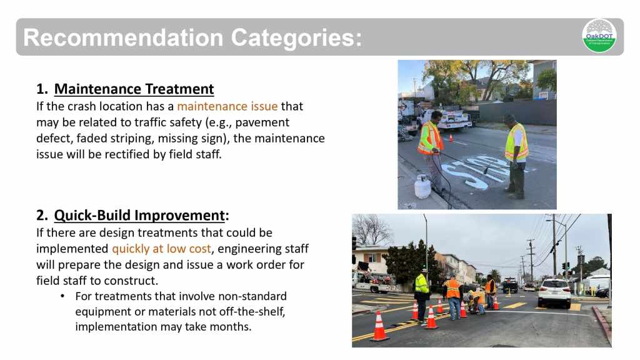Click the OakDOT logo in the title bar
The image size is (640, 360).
tap(599, 36)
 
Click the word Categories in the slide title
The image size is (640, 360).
tap(296, 37)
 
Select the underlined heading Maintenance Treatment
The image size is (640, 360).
tap(134, 89)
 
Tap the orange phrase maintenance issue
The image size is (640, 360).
tap(227, 106)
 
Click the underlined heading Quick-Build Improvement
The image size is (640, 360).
tap(139, 215)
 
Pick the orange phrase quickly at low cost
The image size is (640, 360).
tap(162, 249)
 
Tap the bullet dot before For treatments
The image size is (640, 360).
tap(62, 296)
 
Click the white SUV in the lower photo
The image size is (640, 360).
tap(554, 292)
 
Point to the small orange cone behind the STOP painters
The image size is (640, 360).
tap(451, 138)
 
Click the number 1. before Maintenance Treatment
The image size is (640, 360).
tap(42, 89)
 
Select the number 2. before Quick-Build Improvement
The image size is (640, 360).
tap(42, 215)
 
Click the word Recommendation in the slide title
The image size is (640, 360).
tap(123, 37)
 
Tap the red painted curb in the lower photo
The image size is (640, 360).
tap(602, 323)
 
